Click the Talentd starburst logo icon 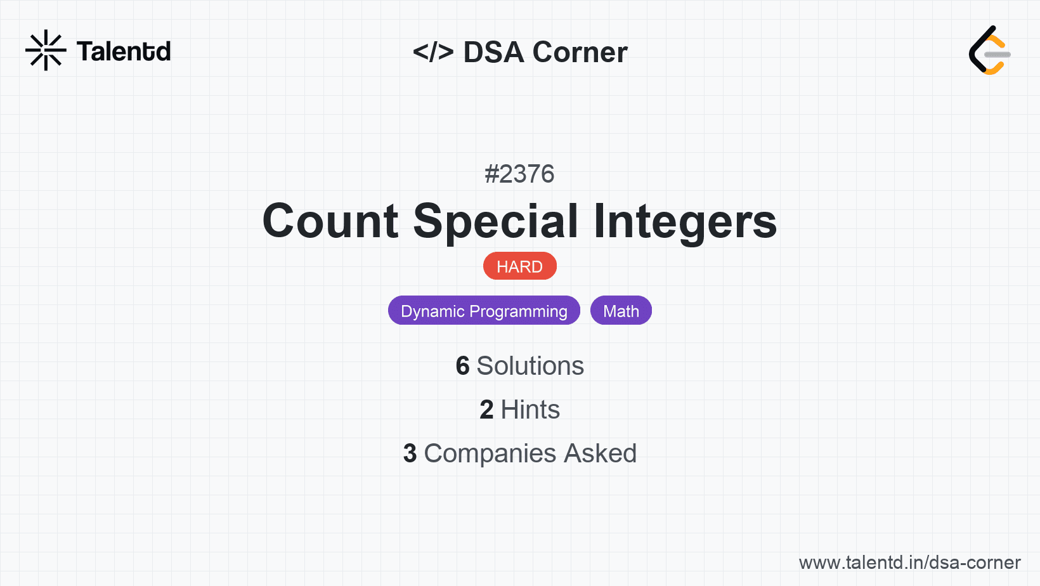coord(46,50)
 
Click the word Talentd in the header coord(124,51)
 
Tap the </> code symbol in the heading coord(433,51)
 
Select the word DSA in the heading coord(493,52)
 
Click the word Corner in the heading coord(580,52)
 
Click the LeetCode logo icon coord(989,50)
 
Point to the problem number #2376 coord(519,174)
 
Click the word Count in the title coord(330,221)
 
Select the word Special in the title coord(496,222)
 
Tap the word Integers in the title coord(686,222)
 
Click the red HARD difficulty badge coord(519,266)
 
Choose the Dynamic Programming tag coord(484,311)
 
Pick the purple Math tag coord(621,311)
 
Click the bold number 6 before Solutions coord(462,366)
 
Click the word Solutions coord(530,366)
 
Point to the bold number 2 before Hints coord(486,410)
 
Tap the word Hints coord(530,410)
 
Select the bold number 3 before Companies coord(410,453)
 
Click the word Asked coord(601,453)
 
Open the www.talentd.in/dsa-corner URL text coord(909,563)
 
